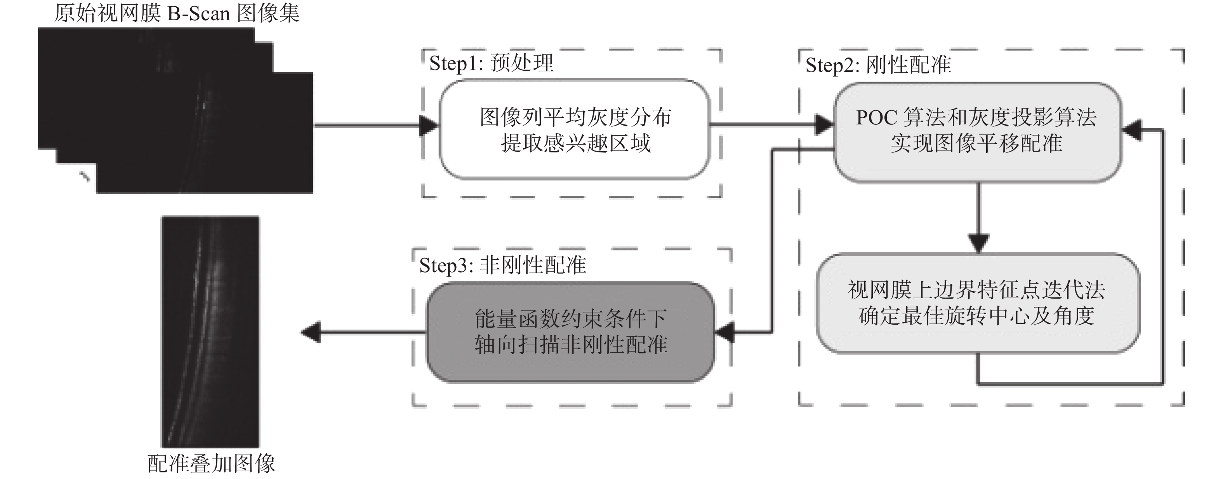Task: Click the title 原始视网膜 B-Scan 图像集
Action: click(x=177, y=13)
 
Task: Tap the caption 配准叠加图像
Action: click(x=211, y=463)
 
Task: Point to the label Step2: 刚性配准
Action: click(x=878, y=65)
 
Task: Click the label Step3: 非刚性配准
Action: click(x=502, y=265)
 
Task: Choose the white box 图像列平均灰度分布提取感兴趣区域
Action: click(x=575, y=129)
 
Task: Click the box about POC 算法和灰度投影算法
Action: click(x=977, y=131)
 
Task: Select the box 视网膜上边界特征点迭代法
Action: click(x=977, y=303)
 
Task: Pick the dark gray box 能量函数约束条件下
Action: click(x=571, y=332)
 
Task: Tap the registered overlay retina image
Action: click(x=210, y=332)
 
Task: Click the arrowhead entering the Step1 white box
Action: click(x=430, y=126)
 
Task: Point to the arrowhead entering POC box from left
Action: click(x=824, y=126)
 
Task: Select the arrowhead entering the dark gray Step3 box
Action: click(x=725, y=332)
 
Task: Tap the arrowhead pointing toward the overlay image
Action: click(x=311, y=332)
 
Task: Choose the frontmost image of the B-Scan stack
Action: click(x=204, y=133)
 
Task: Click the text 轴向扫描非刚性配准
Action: click(x=571, y=344)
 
